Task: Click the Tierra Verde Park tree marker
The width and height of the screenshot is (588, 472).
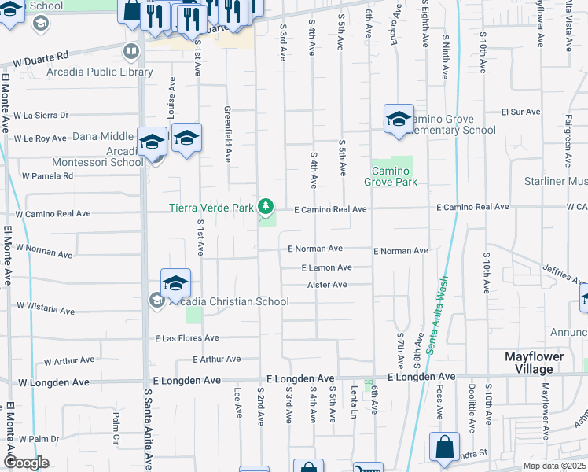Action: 266,207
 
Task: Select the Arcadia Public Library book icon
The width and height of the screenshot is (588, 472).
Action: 130,52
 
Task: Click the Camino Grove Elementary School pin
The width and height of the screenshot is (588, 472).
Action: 399,120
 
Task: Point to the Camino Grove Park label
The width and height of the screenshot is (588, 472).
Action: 390,176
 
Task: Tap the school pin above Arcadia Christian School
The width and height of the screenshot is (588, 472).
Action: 175,283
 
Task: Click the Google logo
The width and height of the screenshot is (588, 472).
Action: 25,462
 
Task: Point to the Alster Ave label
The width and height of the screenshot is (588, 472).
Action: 327,285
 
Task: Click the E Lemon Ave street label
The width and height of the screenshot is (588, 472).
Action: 326,267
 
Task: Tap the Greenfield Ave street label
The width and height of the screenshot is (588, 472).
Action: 227,134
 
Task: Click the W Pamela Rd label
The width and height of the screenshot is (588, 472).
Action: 47,175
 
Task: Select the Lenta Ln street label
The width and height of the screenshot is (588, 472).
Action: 355,401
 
